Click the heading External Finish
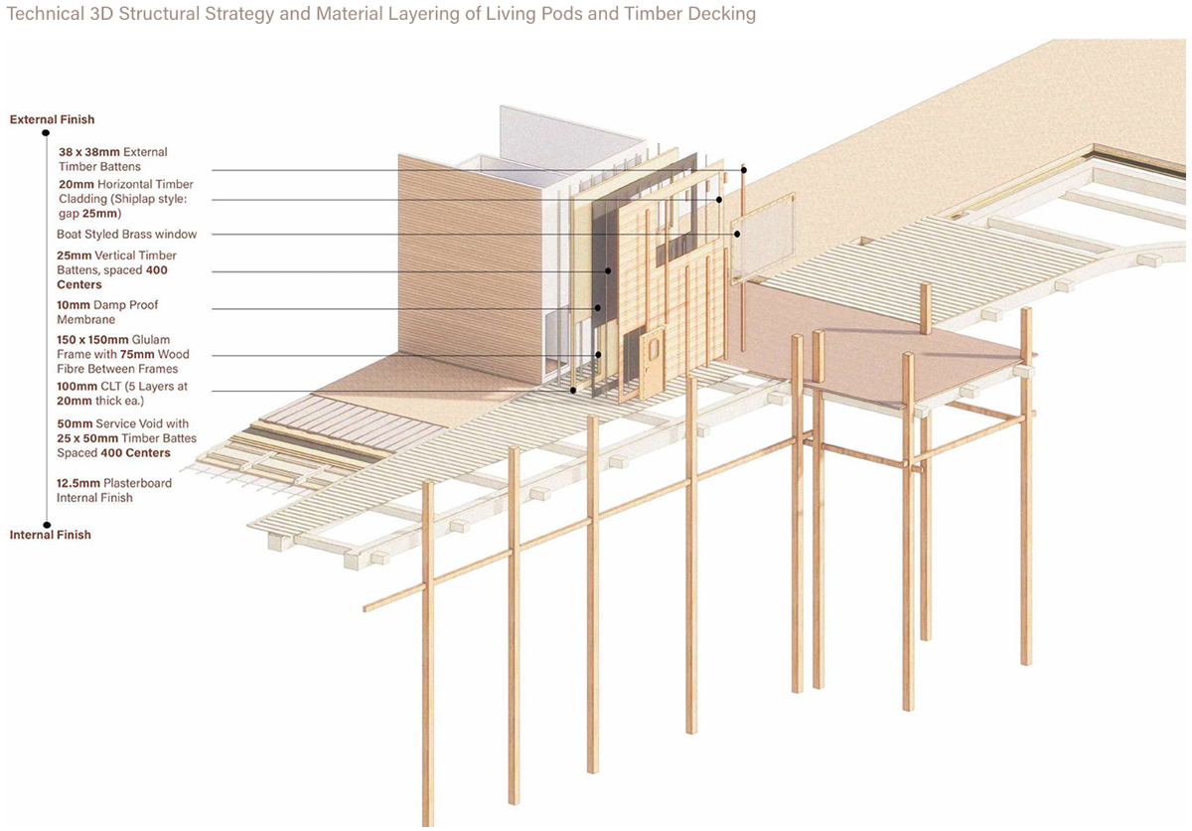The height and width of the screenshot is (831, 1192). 52,119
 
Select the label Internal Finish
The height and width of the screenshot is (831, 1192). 50,535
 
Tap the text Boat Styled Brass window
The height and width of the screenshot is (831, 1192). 127,235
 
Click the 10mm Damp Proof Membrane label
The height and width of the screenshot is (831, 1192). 107,312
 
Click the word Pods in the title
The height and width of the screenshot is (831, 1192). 553,14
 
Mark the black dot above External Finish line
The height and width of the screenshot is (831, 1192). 46,132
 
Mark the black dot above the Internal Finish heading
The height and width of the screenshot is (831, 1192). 46,523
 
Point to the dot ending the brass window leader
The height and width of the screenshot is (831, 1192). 738,235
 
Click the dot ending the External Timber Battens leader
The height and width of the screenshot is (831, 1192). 742,171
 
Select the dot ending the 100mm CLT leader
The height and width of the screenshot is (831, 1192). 574,391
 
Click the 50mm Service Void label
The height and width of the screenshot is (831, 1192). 126,438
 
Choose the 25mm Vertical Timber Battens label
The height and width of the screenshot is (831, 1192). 116,270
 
